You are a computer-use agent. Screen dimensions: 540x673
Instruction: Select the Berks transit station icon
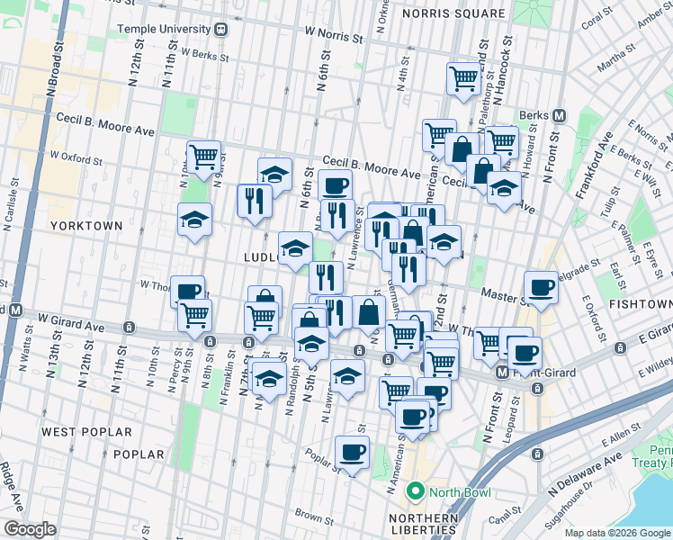(559, 115)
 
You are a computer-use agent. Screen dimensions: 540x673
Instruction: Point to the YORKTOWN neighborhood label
(85, 224)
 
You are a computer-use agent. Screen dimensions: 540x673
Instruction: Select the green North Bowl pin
(415, 491)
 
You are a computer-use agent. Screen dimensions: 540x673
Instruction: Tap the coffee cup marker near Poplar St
(352, 451)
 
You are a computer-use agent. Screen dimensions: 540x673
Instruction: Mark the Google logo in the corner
(31, 529)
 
